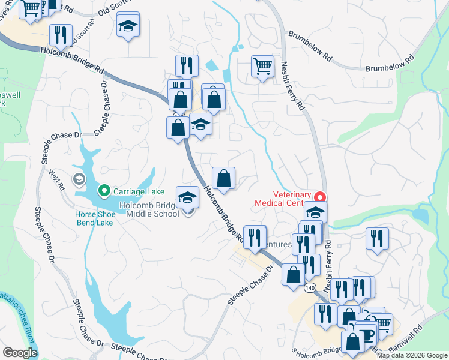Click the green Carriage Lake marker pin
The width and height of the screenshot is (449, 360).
click(104, 191)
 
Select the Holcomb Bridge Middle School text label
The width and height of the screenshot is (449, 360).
click(149, 209)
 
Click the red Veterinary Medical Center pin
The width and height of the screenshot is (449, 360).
click(320, 196)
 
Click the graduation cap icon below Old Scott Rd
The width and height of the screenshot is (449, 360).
click(128, 27)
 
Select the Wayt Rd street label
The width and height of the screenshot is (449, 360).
click(58, 179)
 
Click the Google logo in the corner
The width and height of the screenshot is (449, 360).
click(20, 352)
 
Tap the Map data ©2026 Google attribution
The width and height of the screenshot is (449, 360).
click(411, 355)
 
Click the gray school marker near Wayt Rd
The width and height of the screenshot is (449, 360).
click(79, 179)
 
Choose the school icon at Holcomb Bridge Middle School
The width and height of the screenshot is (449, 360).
click(187, 197)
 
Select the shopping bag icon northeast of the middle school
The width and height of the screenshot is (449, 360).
click(223, 178)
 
